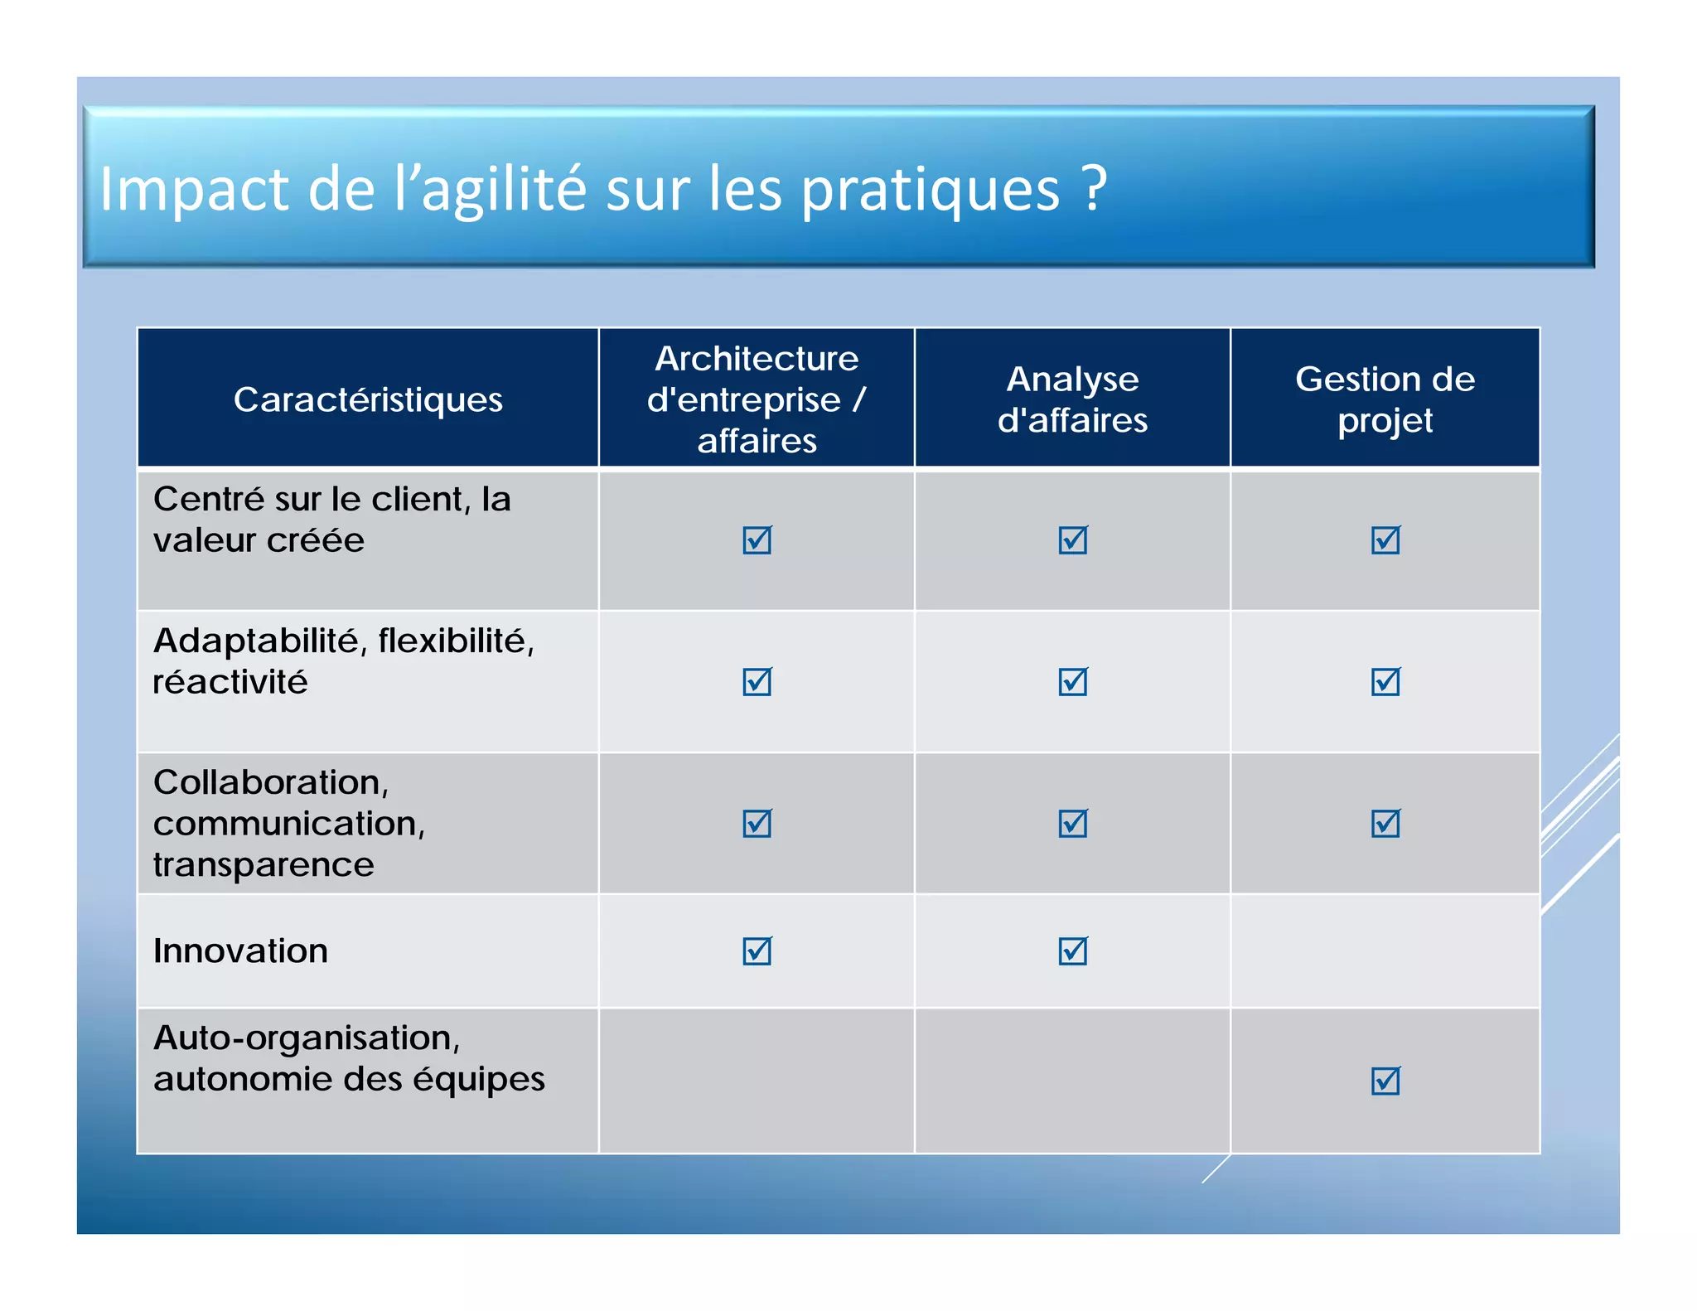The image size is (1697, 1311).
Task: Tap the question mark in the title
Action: pyautogui.click(x=1095, y=188)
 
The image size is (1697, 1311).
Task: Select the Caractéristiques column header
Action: pyautogui.click(x=368, y=399)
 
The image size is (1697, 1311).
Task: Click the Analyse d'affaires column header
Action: pyautogui.click(x=1072, y=399)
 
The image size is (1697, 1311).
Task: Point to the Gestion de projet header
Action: pyautogui.click(x=1385, y=399)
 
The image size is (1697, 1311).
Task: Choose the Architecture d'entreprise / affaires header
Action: pyautogui.click(x=757, y=399)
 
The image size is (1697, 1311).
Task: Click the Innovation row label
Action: pyautogui.click(x=241, y=951)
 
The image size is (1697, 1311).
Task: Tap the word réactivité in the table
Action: pyautogui.click(x=230, y=682)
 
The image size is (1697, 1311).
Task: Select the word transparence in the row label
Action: pyautogui.click(x=263, y=864)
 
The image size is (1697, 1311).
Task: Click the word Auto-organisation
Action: pyautogui.click(x=307, y=1038)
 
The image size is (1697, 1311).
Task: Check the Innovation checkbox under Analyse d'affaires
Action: pyautogui.click(x=1072, y=951)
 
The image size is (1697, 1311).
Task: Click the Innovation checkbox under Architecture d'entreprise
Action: pyautogui.click(x=757, y=951)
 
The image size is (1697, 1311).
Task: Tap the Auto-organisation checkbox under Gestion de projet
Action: pyautogui.click(x=1385, y=1081)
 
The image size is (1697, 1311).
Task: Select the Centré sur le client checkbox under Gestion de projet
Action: pyautogui.click(x=1385, y=540)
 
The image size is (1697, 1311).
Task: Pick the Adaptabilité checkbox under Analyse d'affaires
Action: pyautogui.click(x=1072, y=682)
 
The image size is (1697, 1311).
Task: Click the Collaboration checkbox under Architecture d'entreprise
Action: pyautogui.click(x=757, y=824)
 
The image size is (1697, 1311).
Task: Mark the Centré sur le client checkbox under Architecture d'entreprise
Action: pyautogui.click(x=757, y=540)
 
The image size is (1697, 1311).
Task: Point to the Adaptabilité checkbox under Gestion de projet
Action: pyautogui.click(x=1385, y=682)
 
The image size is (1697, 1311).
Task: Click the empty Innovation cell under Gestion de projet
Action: pyautogui.click(x=1385, y=951)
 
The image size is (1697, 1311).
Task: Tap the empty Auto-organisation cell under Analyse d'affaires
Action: pyautogui.click(x=1072, y=1081)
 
